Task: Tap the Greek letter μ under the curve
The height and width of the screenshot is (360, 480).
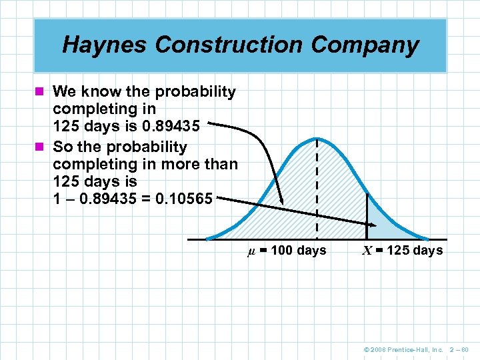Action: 251,251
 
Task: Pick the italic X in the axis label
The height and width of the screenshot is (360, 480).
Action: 367,251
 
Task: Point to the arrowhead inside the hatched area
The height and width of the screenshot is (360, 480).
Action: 281,200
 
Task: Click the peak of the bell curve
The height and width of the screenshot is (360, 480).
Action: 317,138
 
